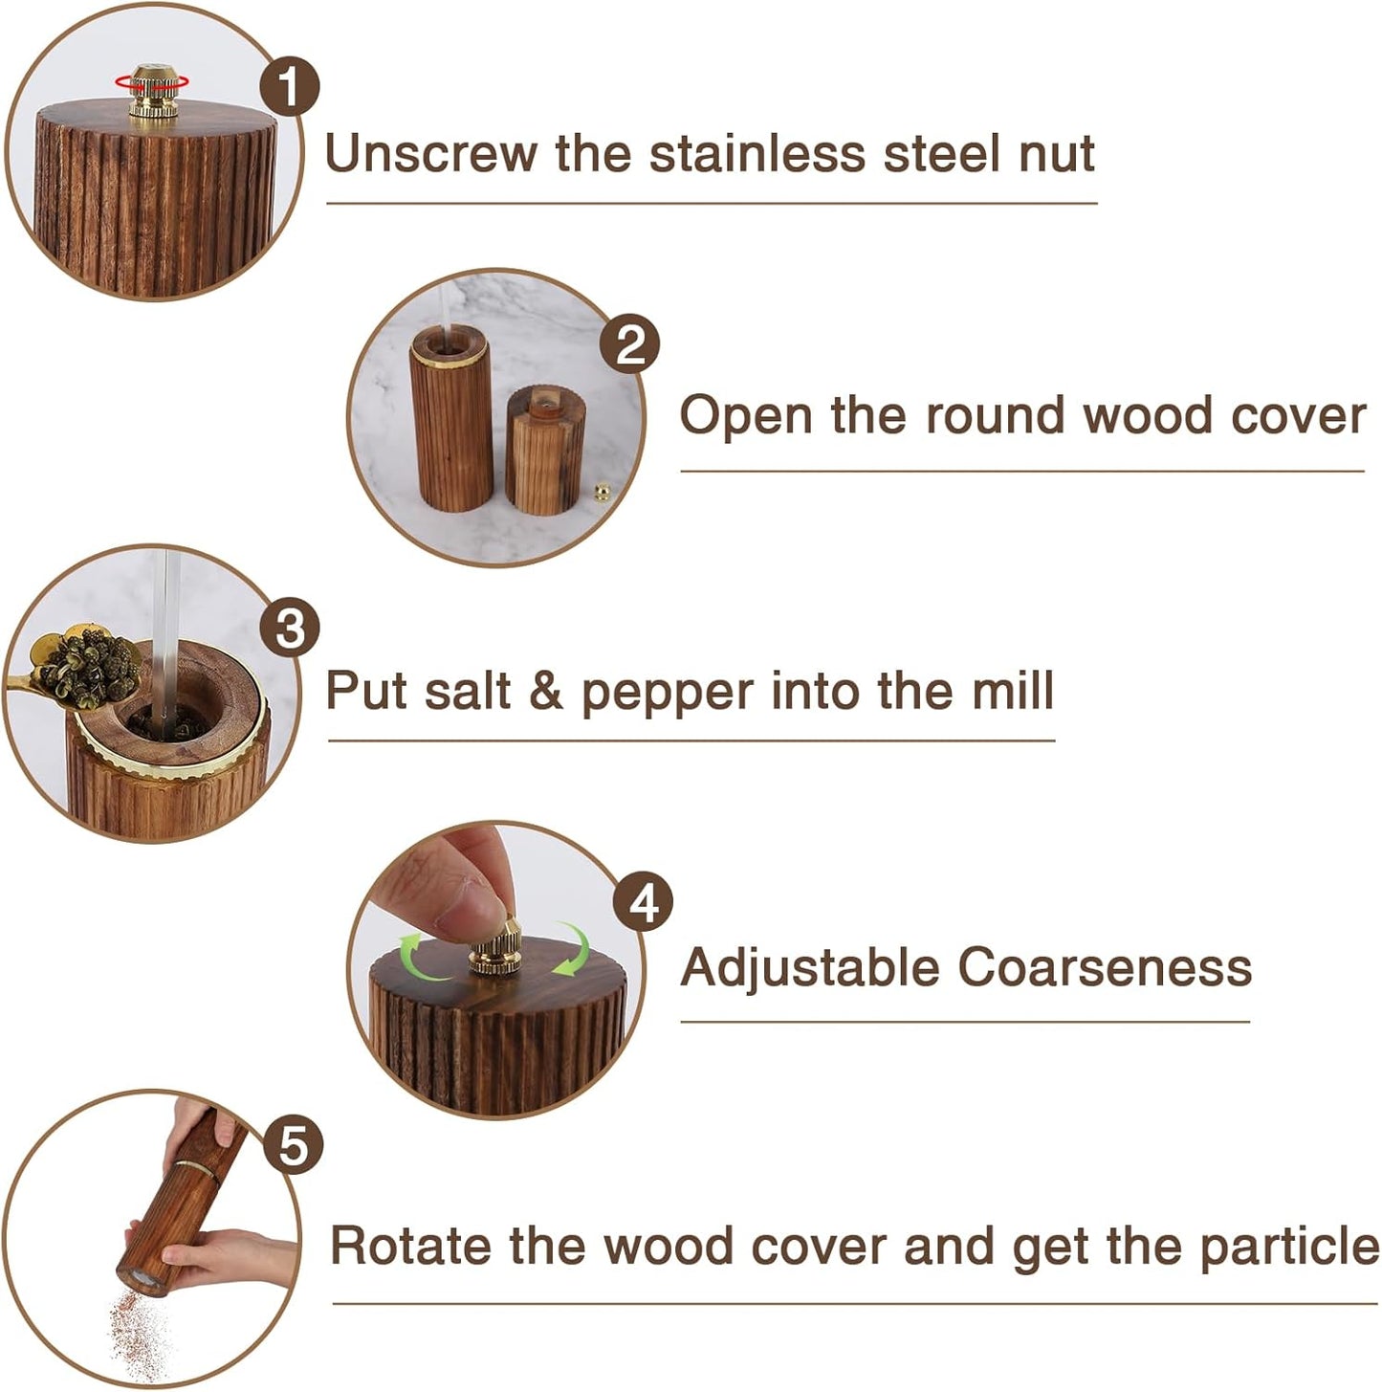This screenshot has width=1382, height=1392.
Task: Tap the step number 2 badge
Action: pos(630,344)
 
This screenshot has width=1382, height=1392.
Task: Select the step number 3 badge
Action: pos(289,629)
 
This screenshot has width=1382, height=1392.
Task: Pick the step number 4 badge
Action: pos(644,902)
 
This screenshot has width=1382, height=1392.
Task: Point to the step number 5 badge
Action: pos(293,1145)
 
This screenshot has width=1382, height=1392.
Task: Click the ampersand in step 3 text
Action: pos(545,691)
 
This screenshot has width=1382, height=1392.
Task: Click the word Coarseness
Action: pos(1105,967)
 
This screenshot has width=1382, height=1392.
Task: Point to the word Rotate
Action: pos(411,1247)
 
